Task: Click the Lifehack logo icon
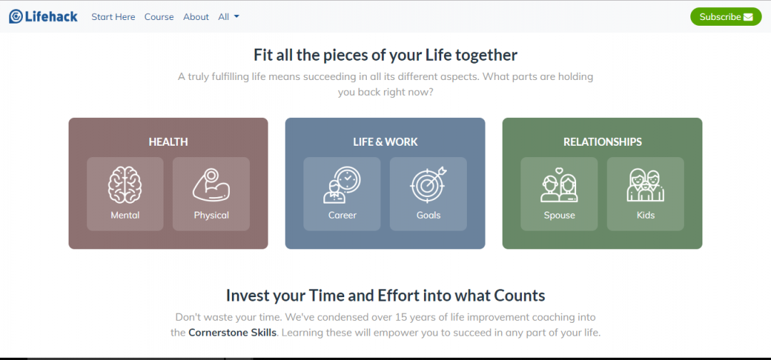coord(16,16)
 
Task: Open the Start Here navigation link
coord(113,17)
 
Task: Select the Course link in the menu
coord(158,17)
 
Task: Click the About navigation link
coord(196,17)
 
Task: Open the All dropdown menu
coord(228,17)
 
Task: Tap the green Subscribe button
coord(725,16)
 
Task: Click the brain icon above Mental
coord(125,185)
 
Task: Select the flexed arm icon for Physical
coord(211,185)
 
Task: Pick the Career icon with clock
coord(342,185)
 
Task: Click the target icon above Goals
coord(428,185)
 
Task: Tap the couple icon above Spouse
coord(559,186)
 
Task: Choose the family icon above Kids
coord(645,186)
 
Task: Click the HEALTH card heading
coord(168,142)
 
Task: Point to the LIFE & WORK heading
coord(385,142)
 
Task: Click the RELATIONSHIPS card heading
coord(603,142)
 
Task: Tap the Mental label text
coord(125,215)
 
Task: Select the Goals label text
coord(428,215)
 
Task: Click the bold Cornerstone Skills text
coord(232,333)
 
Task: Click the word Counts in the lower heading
coord(518,296)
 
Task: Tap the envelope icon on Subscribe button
coord(747,16)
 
